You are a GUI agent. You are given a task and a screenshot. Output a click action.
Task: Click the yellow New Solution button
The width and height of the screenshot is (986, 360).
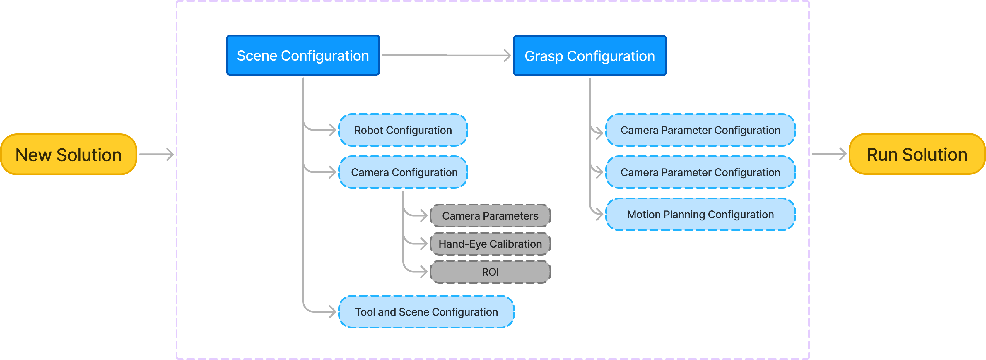click(69, 155)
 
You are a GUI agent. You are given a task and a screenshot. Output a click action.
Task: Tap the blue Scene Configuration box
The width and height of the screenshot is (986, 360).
click(303, 56)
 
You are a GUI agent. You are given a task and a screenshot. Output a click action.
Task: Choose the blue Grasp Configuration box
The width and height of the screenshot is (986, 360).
click(589, 56)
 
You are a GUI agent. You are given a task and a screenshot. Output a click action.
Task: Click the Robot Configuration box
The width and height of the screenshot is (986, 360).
click(403, 130)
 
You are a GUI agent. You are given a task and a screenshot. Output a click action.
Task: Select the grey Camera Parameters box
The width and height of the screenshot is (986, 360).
click(490, 216)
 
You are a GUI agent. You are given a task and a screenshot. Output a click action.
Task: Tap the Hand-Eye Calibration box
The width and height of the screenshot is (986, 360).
click(490, 244)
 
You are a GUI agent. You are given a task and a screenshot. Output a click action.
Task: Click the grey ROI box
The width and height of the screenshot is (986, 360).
click(490, 272)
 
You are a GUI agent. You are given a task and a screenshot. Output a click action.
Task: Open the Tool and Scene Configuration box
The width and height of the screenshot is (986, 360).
click(426, 312)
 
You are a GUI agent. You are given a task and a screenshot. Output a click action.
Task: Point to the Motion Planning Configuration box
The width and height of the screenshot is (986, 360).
click(700, 214)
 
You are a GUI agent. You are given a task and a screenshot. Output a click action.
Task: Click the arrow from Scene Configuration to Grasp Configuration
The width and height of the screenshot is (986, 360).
click(446, 56)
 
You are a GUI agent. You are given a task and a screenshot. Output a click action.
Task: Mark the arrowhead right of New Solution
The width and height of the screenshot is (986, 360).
click(170, 155)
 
